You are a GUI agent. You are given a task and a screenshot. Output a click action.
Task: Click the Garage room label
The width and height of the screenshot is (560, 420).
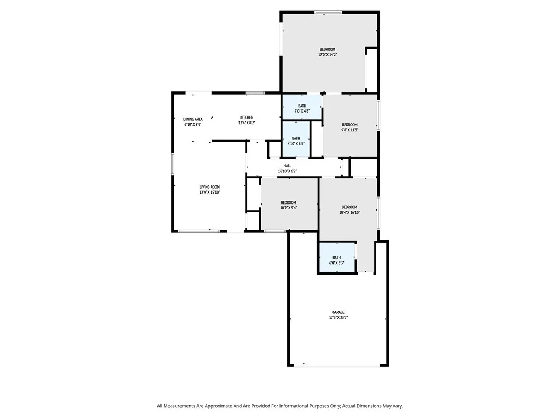pos(338,312)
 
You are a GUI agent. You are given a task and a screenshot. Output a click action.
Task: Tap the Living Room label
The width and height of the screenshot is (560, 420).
pos(209,187)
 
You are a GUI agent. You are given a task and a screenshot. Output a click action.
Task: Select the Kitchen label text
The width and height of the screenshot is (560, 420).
pos(247,118)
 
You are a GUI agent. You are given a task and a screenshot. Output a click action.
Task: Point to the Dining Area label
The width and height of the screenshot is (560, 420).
pos(193,119)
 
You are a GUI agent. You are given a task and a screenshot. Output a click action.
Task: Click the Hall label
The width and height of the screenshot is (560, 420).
pos(287,166)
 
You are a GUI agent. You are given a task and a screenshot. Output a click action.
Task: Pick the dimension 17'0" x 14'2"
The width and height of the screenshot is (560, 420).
pos(328,55)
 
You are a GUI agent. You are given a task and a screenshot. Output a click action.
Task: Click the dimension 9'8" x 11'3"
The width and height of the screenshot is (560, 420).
pos(349,130)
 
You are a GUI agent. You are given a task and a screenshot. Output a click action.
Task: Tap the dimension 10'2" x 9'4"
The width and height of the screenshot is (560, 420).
pos(288,208)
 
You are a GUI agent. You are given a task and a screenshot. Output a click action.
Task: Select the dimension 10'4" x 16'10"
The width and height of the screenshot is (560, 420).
pos(349,212)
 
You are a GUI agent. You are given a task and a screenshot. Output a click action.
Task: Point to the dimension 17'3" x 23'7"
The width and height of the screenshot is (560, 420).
pos(338,318)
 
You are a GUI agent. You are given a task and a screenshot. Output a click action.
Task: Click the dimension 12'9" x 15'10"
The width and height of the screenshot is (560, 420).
pos(209,192)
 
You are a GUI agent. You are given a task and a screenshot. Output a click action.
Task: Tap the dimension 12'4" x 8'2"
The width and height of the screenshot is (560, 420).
pos(247,123)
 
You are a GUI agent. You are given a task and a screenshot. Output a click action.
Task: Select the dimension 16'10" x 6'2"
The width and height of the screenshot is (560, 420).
pos(287,171)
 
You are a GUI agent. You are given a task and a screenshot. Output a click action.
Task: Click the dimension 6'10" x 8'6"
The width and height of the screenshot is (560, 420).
pos(193,125)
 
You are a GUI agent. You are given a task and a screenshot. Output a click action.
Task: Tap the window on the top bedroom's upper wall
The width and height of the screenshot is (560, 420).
pos(328,12)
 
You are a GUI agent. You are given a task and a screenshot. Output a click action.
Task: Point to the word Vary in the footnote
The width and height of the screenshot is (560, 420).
pos(396,406)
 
